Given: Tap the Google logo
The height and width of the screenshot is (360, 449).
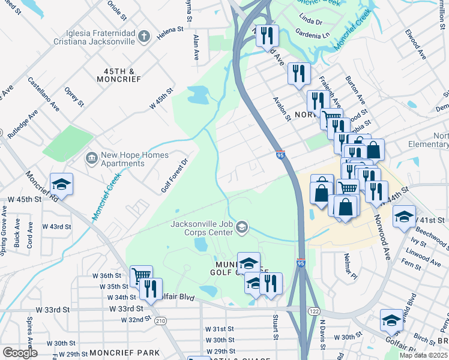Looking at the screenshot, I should (20, 353).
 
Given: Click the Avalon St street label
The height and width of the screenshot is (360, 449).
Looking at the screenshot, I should (282, 109).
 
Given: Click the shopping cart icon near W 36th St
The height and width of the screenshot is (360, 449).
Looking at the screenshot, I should (141, 275).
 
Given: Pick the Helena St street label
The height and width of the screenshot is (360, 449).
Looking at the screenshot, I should (170, 29).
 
